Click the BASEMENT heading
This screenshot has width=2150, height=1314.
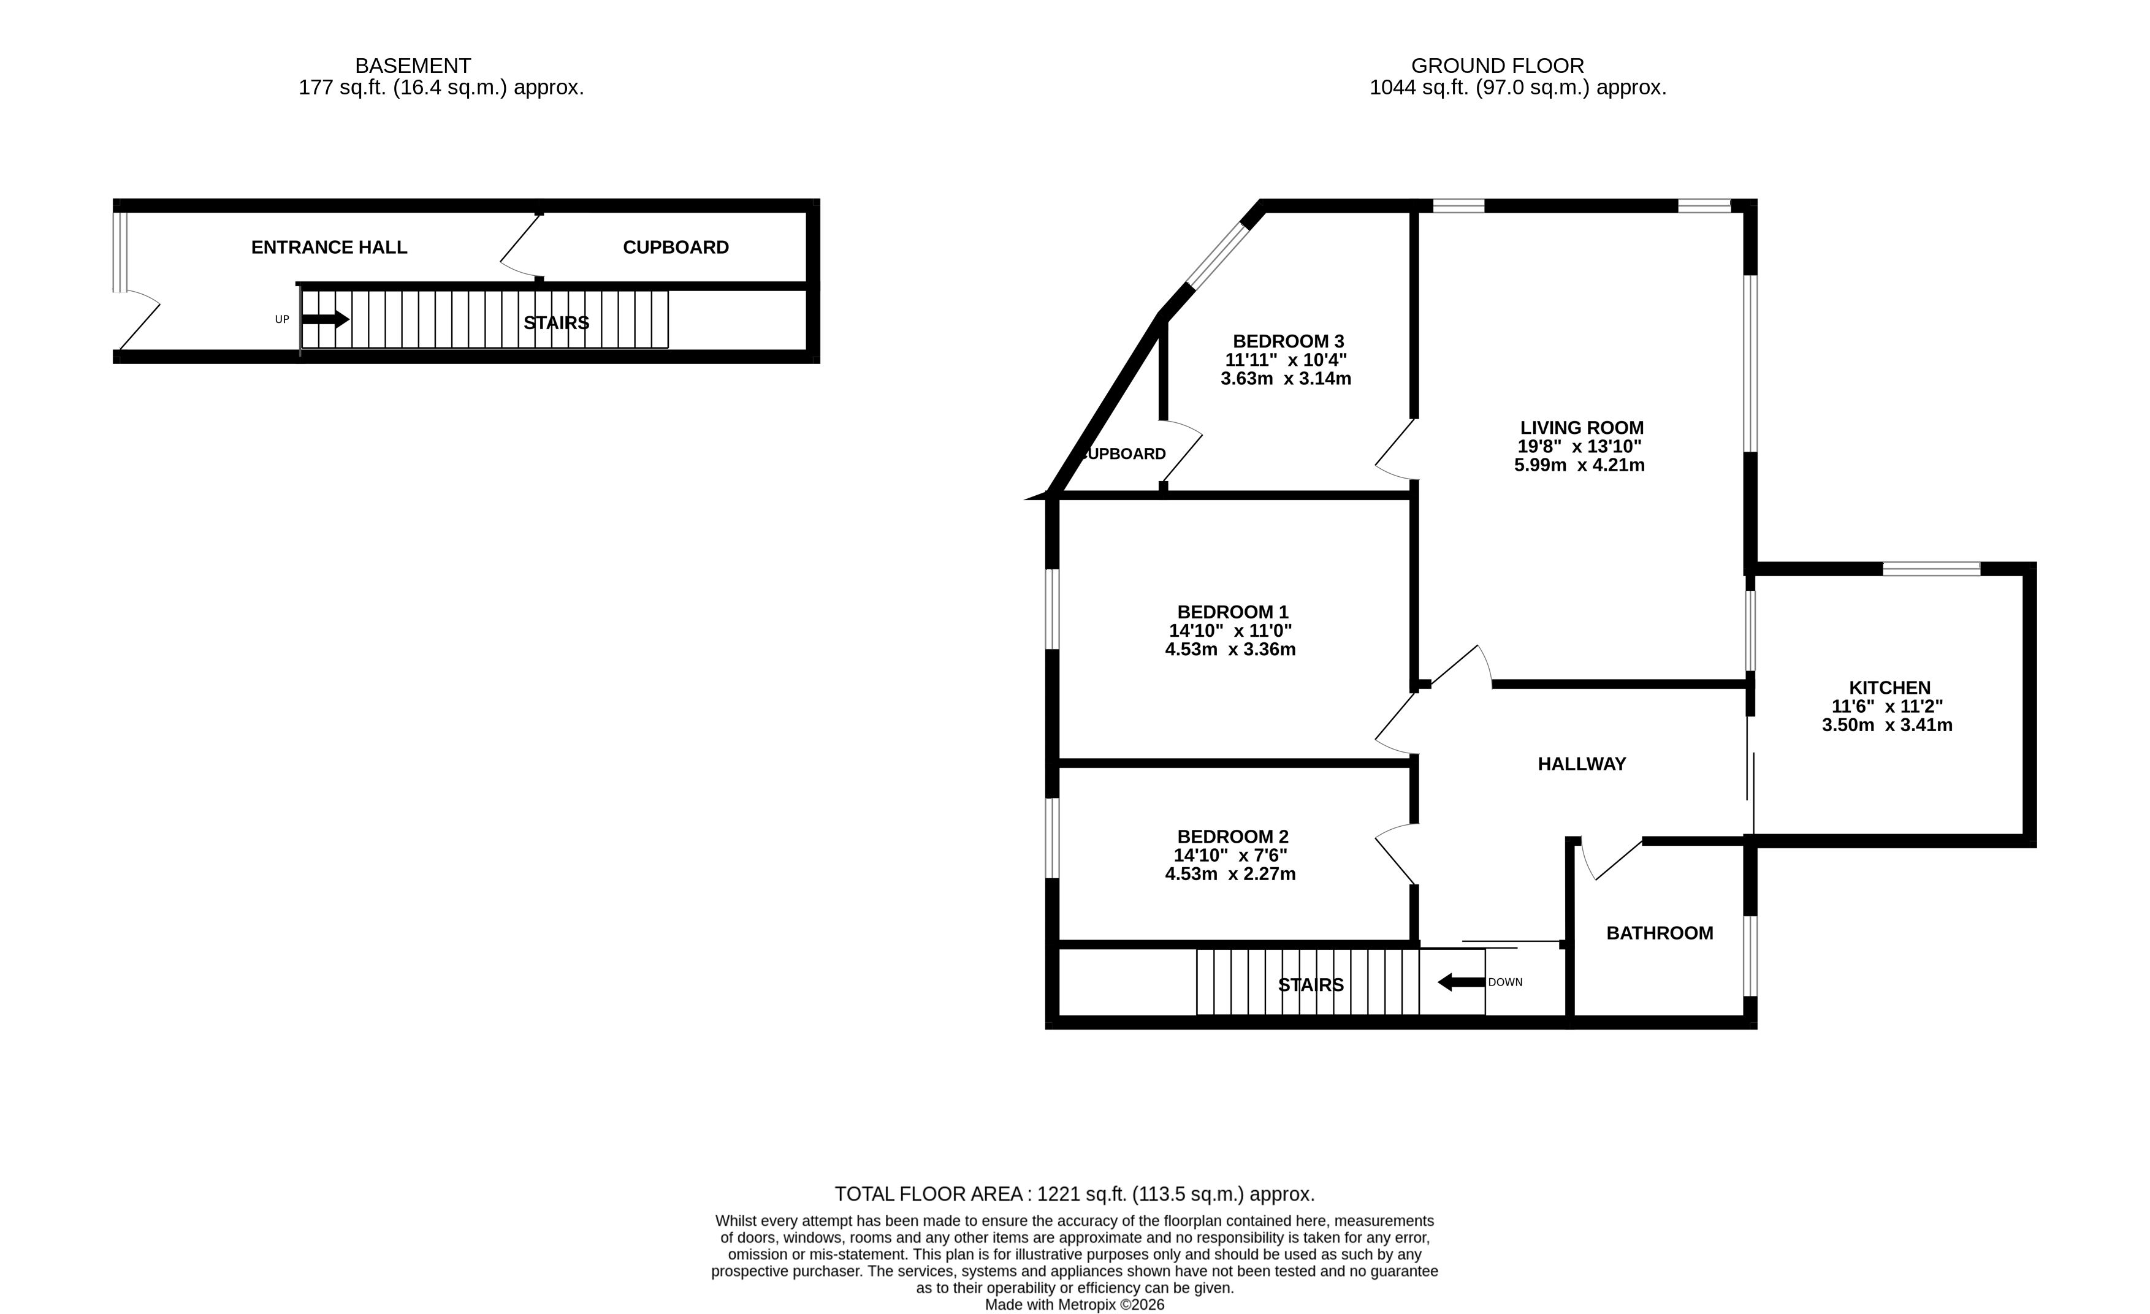pyautogui.click(x=413, y=66)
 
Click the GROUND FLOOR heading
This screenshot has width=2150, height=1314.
pyautogui.click(x=1497, y=66)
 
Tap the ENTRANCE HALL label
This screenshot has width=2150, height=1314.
pyautogui.click(x=329, y=248)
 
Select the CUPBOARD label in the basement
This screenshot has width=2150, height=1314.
pyautogui.click(x=676, y=248)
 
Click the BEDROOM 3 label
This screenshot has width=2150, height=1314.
pyautogui.click(x=1288, y=341)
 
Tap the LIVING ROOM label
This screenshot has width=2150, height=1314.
pyautogui.click(x=1581, y=428)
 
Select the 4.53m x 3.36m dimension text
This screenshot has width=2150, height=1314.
pyautogui.click(x=1230, y=649)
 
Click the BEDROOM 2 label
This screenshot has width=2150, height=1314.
pyautogui.click(x=1232, y=837)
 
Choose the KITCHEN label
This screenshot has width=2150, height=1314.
pyautogui.click(x=1890, y=688)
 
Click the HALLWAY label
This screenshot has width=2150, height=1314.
pyautogui.click(x=1581, y=764)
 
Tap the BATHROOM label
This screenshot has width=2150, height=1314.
pyautogui.click(x=1660, y=933)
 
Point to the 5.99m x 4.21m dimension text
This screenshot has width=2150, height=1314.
pyautogui.click(x=1579, y=465)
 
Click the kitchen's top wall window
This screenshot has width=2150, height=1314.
pyautogui.click(x=1931, y=569)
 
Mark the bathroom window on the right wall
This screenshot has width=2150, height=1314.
pyautogui.click(x=1750, y=955)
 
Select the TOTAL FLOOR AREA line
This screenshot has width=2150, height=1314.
pyautogui.click(x=1074, y=1194)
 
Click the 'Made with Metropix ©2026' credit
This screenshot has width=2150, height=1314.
pyautogui.click(x=1074, y=1305)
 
